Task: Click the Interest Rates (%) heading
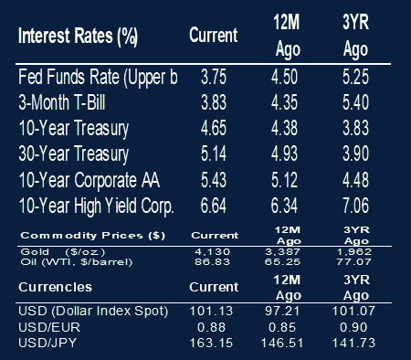pos(78,37)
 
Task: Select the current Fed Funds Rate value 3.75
pos(214,77)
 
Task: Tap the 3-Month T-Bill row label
pos(62,102)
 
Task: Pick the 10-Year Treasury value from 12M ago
pos(284,128)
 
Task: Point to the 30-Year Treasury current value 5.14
pos(214,154)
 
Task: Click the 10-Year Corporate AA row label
pos(90,180)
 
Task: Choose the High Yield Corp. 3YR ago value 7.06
pos(355,206)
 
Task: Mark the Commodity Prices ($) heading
pos(93,236)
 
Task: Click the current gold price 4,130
pos(212,252)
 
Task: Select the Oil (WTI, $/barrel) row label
pos(77,262)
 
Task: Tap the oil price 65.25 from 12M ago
pos(282,262)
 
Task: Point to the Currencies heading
pos(55,287)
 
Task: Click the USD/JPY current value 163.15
pos(211,344)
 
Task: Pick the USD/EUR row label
pos(49,327)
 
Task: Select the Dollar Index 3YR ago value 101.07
pos(353,311)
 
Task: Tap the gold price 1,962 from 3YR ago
pos(354,252)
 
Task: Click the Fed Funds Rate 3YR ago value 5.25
pos(355,77)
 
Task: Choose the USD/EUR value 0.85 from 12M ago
pos(282,327)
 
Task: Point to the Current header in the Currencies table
pos(214,287)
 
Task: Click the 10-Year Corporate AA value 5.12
pos(284,180)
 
